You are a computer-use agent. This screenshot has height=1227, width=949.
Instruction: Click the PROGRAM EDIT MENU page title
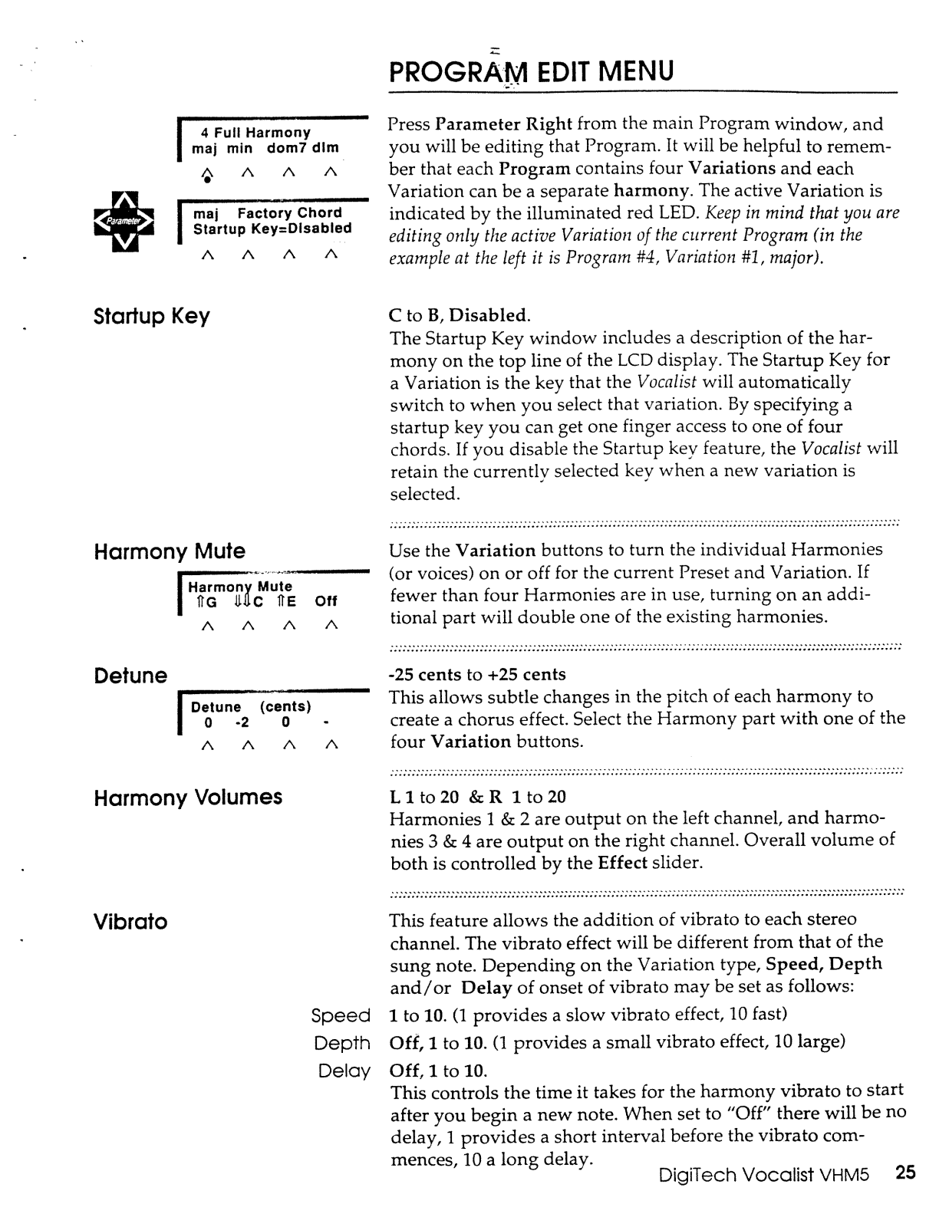531,71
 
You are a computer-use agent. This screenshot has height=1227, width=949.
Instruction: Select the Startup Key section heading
151,316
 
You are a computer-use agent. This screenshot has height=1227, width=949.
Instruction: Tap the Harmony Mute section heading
169,551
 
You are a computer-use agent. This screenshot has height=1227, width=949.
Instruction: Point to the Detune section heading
130,676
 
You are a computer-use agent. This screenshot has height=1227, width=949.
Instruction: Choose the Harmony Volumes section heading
187,798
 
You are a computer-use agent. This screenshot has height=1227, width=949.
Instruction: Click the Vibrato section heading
130,921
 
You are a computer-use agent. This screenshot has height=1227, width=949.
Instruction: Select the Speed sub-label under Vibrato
341,1015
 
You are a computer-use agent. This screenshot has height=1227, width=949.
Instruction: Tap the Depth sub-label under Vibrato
342,1043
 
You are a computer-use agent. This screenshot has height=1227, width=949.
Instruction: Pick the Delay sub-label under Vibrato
344,1071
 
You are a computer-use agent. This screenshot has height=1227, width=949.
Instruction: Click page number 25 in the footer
905,1173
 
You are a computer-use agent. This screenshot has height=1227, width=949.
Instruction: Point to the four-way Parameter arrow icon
123,222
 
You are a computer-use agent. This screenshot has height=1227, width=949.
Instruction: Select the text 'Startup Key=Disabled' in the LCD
272,229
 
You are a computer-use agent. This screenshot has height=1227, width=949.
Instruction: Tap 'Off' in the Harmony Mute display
326,601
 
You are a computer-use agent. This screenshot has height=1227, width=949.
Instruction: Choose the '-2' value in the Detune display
242,722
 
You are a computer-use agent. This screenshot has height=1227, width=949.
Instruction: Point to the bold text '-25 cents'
423,675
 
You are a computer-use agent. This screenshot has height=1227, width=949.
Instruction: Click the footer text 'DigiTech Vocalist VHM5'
763,1174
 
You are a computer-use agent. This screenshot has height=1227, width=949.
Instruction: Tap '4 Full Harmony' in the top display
255,133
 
